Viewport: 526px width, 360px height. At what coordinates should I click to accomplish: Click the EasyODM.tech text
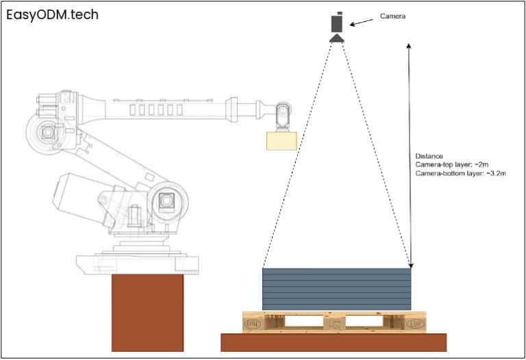pyautogui.click(x=52, y=14)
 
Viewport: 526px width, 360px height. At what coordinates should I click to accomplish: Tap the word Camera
pyautogui.click(x=392, y=16)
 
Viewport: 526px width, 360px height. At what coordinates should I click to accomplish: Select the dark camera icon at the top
pyautogui.click(x=337, y=25)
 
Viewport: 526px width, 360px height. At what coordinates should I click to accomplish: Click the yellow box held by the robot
pyautogui.click(x=281, y=140)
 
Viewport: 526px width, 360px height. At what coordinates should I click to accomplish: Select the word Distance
pyautogui.click(x=429, y=156)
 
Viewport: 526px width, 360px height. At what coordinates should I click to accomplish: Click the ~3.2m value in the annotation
pyautogui.click(x=494, y=174)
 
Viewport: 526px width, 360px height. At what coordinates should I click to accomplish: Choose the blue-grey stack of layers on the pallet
pyautogui.click(x=337, y=289)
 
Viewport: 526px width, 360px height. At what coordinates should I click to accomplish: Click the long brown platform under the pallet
pyautogui.click(x=333, y=342)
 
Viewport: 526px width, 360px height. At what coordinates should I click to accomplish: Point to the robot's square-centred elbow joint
pyautogui.click(x=166, y=201)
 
